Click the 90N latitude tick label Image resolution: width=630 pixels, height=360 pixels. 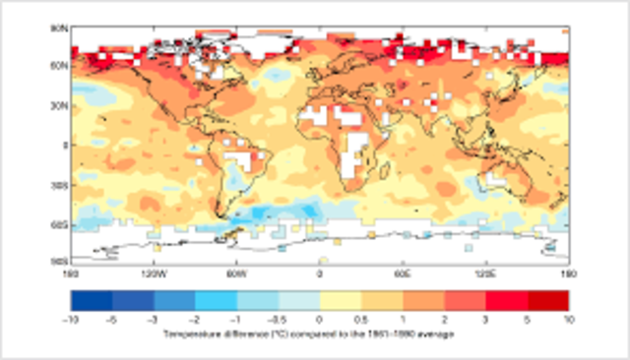(59, 29)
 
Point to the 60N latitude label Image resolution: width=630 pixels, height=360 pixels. (59, 67)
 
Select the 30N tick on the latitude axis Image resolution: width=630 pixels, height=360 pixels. (59, 105)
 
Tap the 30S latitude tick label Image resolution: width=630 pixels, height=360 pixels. (59, 184)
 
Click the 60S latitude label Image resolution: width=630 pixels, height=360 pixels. (59, 224)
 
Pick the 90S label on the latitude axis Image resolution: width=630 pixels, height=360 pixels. (59, 260)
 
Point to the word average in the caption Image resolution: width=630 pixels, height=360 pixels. (436, 334)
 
